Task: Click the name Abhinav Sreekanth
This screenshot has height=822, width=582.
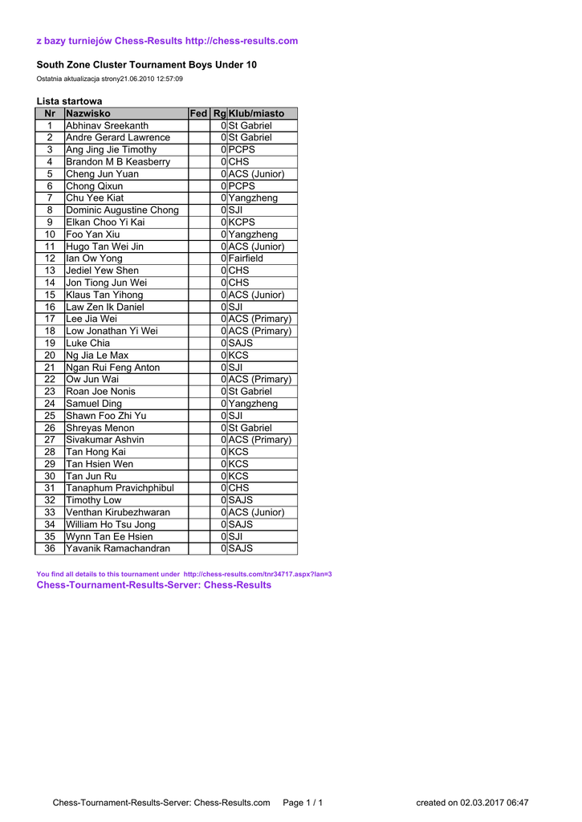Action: (107, 126)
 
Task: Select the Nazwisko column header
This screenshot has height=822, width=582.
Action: (88, 114)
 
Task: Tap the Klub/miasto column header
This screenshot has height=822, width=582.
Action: (257, 114)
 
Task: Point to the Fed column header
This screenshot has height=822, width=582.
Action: (198, 114)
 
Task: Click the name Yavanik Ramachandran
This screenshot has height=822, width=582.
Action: (118, 548)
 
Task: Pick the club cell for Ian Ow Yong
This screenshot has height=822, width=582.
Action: (246, 258)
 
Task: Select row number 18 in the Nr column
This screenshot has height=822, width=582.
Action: (50, 331)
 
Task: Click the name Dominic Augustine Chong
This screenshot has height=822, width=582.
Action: (122, 210)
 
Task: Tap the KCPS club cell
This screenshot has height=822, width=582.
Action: (242, 222)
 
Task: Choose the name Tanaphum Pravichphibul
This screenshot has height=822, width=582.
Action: (120, 488)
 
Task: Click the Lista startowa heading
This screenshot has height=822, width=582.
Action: (69, 101)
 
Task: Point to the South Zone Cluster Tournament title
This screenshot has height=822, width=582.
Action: (147, 64)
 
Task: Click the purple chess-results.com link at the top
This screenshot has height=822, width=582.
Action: (242, 41)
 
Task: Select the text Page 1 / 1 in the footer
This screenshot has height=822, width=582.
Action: (303, 802)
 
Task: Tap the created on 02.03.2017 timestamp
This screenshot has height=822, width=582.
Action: (472, 802)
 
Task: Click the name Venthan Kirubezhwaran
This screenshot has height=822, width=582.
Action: (118, 512)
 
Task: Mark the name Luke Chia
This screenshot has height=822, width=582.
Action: (88, 343)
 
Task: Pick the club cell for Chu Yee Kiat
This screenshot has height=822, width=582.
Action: (253, 198)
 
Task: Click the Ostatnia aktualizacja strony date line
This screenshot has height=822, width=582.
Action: (110, 79)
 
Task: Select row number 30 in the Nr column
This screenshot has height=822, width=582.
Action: (50, 476)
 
